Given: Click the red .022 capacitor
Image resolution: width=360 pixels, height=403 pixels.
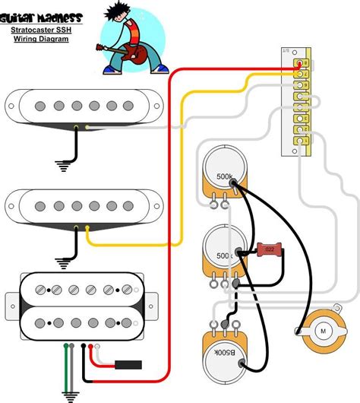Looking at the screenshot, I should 268,249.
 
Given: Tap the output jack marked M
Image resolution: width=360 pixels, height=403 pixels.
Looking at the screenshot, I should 322,331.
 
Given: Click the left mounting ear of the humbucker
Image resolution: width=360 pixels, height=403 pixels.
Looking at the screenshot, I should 11,304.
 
